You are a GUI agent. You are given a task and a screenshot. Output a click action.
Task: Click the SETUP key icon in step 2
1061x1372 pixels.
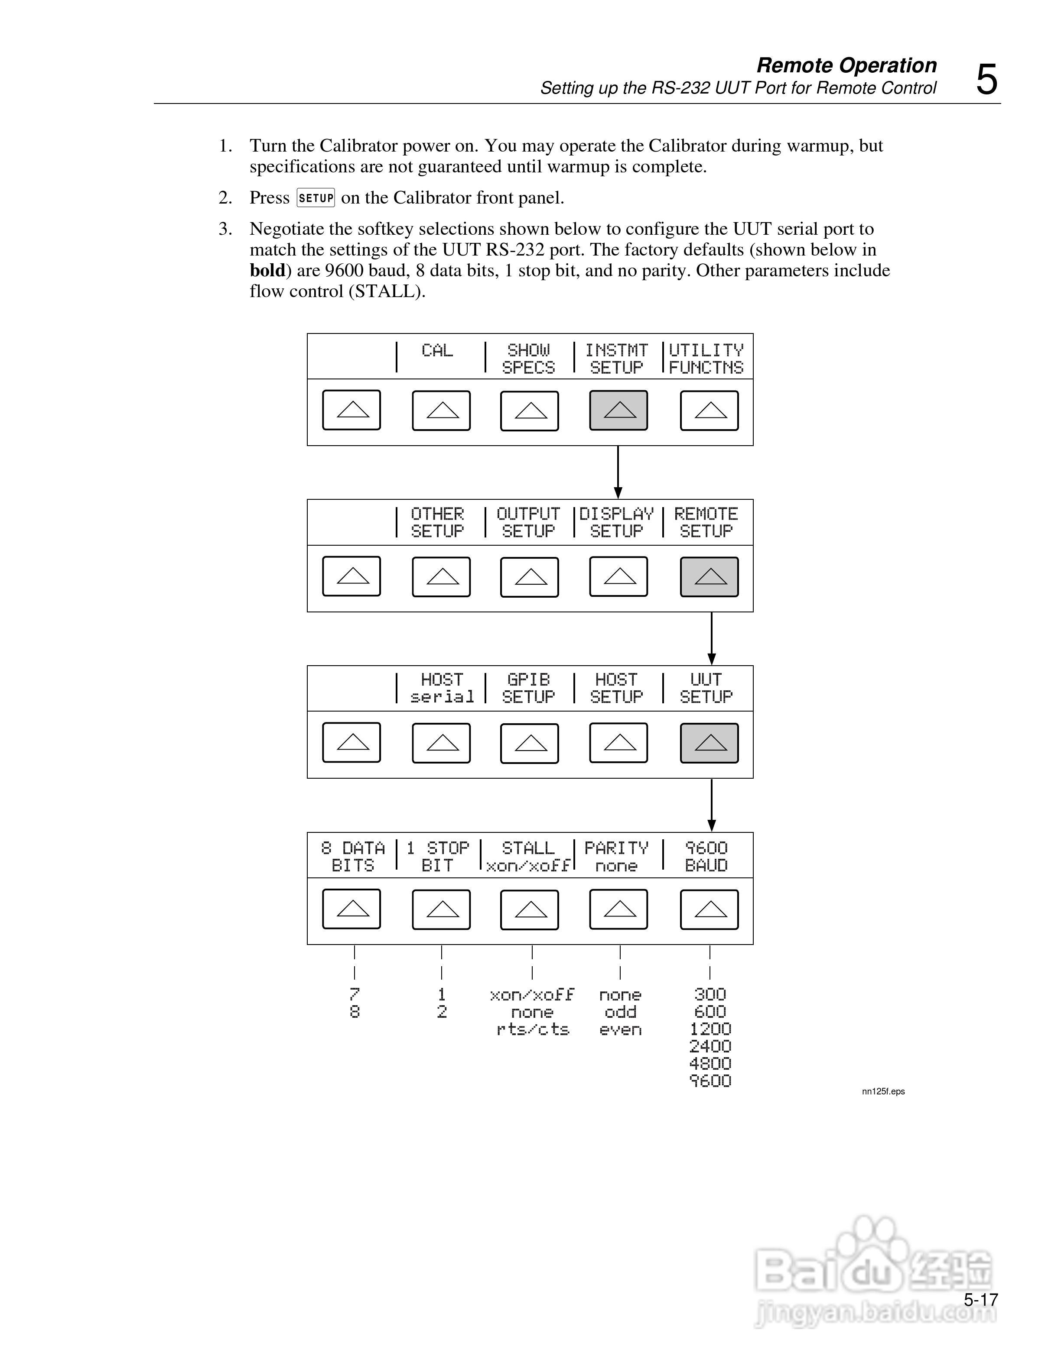click(x=316, y=198)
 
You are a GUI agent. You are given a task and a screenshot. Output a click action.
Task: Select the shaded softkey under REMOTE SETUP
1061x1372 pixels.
click(x=709, y=577)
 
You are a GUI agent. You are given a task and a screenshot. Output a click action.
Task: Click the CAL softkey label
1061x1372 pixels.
click(x=437, y=350)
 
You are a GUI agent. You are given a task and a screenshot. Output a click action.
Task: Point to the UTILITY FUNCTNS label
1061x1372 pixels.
click(x=706, y=359)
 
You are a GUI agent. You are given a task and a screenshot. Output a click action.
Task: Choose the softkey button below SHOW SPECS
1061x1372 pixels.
click(x=529, y=411)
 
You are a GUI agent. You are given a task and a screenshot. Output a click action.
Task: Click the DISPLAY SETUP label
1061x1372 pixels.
click(x=617, y=523)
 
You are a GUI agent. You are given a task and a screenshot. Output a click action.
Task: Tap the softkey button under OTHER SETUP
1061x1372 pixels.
click(x=441, y=577)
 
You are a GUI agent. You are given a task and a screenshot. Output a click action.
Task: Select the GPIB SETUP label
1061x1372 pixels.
click(x=529, y=689)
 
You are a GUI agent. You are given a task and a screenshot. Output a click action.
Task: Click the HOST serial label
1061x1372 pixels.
click(x=442, y=689)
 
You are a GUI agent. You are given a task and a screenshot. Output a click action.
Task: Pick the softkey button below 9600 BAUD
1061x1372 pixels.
click(x=709, y=909)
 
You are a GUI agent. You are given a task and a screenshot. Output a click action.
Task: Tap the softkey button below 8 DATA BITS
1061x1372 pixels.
click(x=351, y=909)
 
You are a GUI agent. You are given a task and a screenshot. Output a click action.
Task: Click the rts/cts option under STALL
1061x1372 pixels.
click(x=532, y=1029)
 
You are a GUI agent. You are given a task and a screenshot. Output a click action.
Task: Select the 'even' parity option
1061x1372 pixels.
click(x=620, y=1029)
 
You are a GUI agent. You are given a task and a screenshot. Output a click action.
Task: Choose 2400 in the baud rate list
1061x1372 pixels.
click(x=710, y=1047)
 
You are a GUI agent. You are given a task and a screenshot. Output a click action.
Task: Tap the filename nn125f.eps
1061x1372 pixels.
click(x=883, y=1092)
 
